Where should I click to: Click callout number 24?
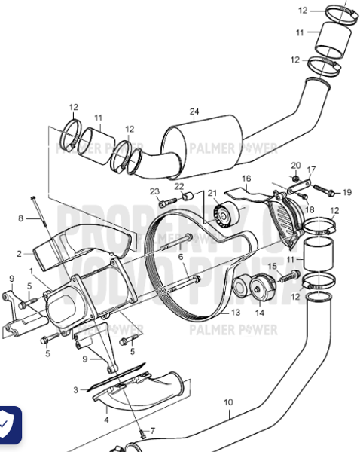(x=194, y=113)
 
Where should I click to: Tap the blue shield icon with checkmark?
(x=7, y=426)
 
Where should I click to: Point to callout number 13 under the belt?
(x=236, y=311)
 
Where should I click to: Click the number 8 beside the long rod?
(x=21, y=218)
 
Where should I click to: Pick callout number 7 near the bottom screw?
(x=153, y=431)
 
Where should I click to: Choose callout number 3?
(x=75, y=389)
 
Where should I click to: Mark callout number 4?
(x=106, y=419)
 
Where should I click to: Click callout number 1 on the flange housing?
(x=30, y=270)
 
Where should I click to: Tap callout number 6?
(x=181, y=257)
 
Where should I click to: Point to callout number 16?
(x=246, y=179)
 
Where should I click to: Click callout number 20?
(x=295, y=165)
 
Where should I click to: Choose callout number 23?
(x=154, y=191)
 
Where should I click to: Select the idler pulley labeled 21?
(x=223, y=216)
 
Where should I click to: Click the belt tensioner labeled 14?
(x=260, y=287)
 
